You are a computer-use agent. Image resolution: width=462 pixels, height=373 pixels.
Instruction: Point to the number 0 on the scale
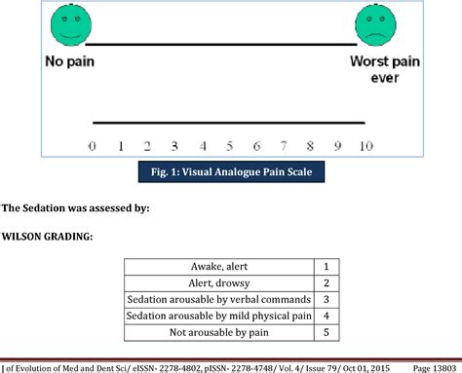pos(92,146)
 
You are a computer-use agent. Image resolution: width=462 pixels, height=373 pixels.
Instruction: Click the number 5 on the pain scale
pos(230,146)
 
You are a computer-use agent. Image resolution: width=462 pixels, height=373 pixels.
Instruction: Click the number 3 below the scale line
pos(174,146)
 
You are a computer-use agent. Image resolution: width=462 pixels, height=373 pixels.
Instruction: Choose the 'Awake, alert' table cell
pos(219,266)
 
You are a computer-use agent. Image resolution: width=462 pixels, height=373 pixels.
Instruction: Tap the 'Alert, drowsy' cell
pos(219,282)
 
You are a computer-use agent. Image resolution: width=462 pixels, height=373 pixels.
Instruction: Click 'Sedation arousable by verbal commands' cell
pos(219,299)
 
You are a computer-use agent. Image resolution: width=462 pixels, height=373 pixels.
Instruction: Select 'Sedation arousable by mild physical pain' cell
pos(219,316)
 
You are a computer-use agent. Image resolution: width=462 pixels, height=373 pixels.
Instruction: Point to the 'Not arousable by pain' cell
pos(219,332)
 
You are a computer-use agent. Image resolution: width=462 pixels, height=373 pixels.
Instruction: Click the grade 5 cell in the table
pos(327,332)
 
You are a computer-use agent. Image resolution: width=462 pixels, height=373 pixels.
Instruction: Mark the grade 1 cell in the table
pos(327,266)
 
